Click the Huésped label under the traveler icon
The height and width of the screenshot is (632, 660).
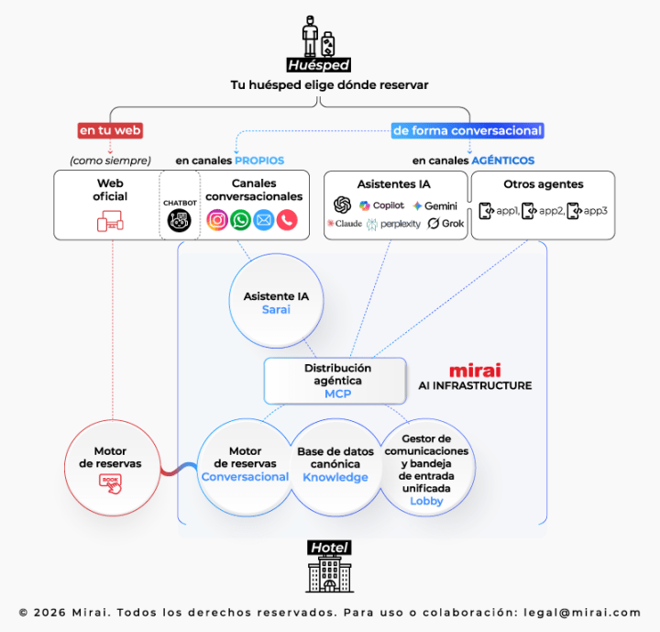(x=318, y=65)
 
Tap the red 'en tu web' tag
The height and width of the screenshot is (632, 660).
(x=110, y=130)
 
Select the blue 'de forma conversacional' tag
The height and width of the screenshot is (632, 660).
(x=467, y=130)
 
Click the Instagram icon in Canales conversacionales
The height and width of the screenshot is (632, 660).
(x=217, y=220)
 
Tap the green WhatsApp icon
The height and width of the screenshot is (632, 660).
(x=240, y=220)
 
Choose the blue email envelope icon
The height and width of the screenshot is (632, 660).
(x=264, y=220)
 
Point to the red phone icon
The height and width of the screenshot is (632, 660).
(x=287, y=220)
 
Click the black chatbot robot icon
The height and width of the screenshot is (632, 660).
(x=179, y=220)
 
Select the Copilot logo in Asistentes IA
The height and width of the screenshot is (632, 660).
(x=382, y=205)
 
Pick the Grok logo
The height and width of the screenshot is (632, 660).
(x=446, y=224)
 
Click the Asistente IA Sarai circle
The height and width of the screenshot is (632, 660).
(x=276, y=304)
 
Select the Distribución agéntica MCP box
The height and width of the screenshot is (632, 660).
(x=332, y=381)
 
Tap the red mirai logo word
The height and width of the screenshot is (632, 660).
(x=475, y=371)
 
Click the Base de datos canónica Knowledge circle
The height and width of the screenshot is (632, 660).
(x=335, y=465)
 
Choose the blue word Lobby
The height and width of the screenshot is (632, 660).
(x=426, y=501)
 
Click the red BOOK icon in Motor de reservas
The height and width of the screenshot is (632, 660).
(x=111, y=483)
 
